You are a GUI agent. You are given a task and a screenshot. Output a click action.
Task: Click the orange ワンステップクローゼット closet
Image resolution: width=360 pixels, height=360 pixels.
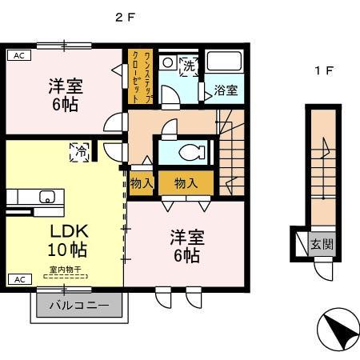coord(139,77)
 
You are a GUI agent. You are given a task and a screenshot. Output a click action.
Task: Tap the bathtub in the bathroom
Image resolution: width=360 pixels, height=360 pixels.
coord(226,63)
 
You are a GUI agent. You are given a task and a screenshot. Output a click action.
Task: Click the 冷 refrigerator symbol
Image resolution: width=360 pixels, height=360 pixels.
coord(81,149)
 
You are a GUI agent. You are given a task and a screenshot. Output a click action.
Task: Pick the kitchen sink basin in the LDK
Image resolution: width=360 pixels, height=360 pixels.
coord(46,196)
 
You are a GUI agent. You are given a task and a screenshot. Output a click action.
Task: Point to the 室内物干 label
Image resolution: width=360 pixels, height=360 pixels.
coord(66,270)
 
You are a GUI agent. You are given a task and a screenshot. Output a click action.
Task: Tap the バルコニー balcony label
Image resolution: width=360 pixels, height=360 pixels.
coord(78,306)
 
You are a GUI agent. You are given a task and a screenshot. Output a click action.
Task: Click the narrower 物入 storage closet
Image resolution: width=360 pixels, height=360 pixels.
coord(142,183)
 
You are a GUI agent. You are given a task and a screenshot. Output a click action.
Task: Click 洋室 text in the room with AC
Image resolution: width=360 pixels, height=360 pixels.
coord(66,86)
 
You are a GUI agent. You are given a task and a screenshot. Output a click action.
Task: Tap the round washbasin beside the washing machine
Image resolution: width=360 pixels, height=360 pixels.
coord(168,62)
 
